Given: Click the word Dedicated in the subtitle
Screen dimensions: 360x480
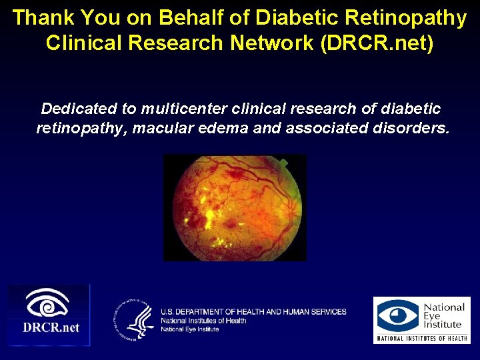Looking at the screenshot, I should point(79,108).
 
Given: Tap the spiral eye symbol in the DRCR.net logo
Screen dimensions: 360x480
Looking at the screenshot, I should point(48,304).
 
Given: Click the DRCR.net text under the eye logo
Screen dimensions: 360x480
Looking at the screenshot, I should point(51,327).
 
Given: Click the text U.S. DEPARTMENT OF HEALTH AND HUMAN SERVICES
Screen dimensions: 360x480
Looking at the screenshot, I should point(253,311).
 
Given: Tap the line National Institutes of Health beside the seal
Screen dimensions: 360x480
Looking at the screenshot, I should point(203,321).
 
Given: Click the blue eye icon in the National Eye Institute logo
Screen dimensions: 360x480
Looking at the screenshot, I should point(398,316).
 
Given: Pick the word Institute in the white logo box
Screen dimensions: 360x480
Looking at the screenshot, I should point(442,325).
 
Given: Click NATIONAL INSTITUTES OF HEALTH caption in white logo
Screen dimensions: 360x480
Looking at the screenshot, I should point(421,338).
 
